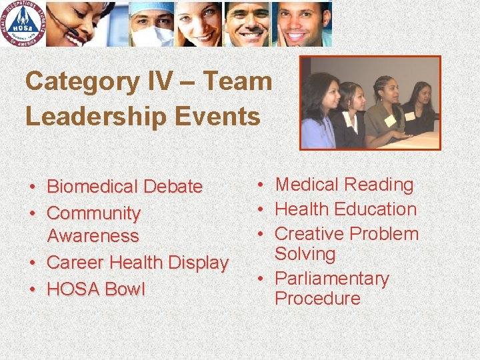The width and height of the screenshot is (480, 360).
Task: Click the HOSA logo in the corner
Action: [24, 23]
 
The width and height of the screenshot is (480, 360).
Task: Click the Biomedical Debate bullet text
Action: [125, 187]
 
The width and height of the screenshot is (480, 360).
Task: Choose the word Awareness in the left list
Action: [93, 236]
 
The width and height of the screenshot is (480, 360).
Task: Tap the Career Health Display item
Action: [137, 263]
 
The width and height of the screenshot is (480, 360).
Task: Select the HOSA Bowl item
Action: [95, 289]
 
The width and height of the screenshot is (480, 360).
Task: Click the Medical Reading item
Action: [344, 185]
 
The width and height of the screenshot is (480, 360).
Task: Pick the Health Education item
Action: [345, 209]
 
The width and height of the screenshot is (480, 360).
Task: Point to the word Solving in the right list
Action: [305, 254]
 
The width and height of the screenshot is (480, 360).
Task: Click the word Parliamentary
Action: [331, 278]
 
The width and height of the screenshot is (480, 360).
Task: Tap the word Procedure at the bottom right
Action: [317, 299]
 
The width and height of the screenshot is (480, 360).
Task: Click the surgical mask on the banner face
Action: [151, 35]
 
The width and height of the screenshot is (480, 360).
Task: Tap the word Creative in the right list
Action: [309, 234]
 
